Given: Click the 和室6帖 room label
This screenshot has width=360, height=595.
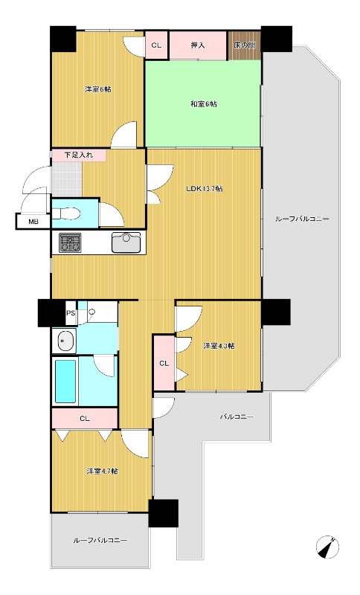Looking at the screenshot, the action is click(204, 103).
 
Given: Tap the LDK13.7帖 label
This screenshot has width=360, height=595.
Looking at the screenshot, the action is click(204, 189).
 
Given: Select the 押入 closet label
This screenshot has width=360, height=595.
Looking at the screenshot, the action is click(198, 45).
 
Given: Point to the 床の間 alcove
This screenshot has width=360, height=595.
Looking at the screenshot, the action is click(244, 45).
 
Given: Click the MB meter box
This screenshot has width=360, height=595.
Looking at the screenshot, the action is click(33, 222).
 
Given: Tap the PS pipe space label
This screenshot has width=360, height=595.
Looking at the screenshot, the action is click(71, 313).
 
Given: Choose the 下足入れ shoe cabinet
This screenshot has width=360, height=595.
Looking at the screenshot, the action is click(79, 155).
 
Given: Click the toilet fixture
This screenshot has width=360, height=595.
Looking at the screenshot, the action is click(66, 213).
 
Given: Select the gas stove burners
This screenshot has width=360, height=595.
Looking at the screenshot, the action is click(70, 243).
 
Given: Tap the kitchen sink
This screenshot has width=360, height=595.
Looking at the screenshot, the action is click(126, 242).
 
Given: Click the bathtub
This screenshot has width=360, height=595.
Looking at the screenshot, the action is click(65, 381).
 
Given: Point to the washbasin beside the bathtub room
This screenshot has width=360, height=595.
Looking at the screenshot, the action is click(67, 340).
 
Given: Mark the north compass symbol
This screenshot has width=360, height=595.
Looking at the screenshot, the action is click(327, 547).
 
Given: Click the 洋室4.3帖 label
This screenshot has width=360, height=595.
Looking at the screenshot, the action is click(219, 346).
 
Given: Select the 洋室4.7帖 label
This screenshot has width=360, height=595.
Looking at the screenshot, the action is click(102, 472).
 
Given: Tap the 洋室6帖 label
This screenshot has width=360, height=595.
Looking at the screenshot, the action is click(98, 89).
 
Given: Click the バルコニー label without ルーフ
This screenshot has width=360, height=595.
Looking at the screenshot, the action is click(237, 416).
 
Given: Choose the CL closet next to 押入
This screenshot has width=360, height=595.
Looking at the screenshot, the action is click(156, 45).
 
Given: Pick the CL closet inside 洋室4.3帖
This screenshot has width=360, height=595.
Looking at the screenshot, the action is click(164, 363).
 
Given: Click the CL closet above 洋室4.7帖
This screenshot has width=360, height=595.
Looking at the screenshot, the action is click(85, 419).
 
